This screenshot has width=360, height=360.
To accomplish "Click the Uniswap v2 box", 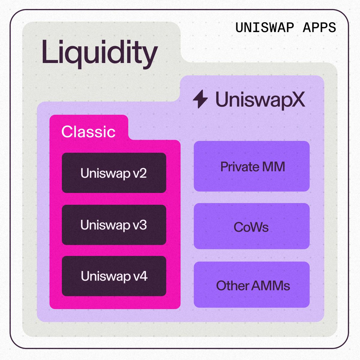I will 114,173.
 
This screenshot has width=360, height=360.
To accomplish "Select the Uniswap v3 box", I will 114,225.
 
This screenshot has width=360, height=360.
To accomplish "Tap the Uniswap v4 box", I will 114,276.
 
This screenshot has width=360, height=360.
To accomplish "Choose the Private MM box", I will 251,166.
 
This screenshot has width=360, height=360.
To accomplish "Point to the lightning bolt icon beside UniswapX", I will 200,99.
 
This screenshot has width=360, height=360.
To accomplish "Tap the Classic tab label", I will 88,131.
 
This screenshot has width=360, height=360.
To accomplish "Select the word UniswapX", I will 260,99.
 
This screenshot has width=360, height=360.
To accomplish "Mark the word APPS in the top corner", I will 319,28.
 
